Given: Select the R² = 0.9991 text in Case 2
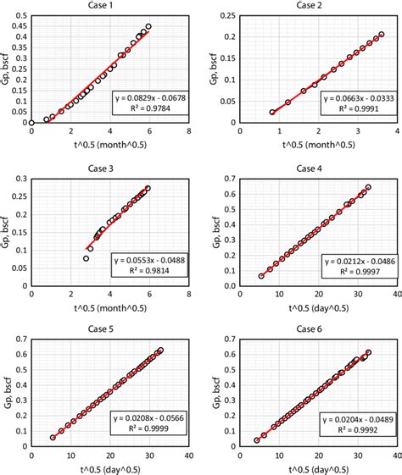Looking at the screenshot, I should click(x=349, y=109).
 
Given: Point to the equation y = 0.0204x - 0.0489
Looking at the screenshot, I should click(x=349, y=420).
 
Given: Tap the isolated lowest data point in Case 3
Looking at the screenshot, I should click(x=87, y=258).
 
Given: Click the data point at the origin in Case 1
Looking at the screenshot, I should click(x=31, y=123).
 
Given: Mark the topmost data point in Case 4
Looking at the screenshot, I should click(x=368, y=187).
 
